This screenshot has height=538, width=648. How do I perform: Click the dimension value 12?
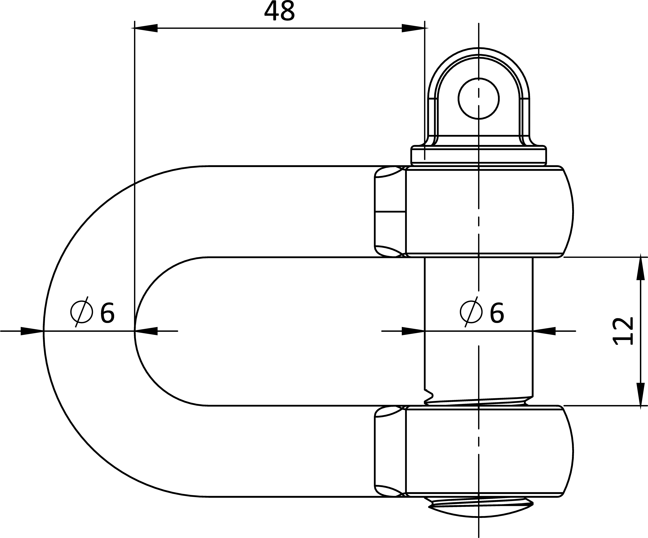coord(622,331)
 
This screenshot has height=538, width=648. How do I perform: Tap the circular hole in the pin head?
coord(479,99)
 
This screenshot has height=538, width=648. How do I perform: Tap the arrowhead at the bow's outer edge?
coord(32,331)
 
